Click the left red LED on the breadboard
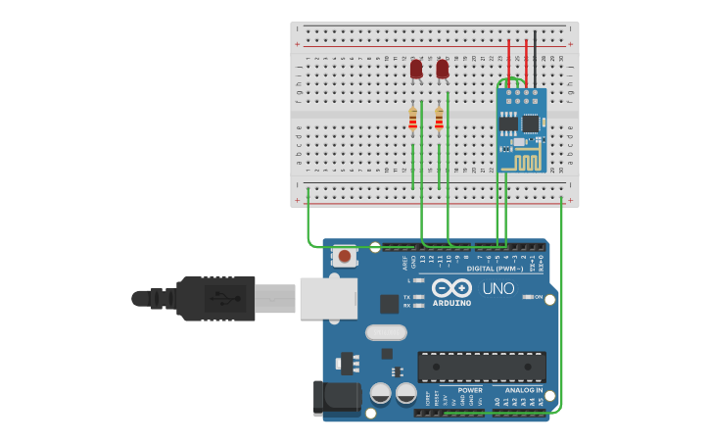[416, 69]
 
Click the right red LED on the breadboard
[443, 69]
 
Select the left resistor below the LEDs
[412, 119]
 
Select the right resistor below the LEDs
[439, 119]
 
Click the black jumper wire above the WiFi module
[535, 59]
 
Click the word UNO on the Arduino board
[498, 289]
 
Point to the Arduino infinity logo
[451, 288]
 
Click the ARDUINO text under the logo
[451, 303]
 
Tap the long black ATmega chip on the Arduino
[481, 367]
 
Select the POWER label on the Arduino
[469, 390]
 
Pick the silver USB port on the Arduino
[328, 298]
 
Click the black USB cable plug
[215, 298]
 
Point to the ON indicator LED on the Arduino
[526, 297]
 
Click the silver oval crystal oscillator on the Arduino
[386, 332]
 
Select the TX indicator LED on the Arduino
[420, 297]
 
